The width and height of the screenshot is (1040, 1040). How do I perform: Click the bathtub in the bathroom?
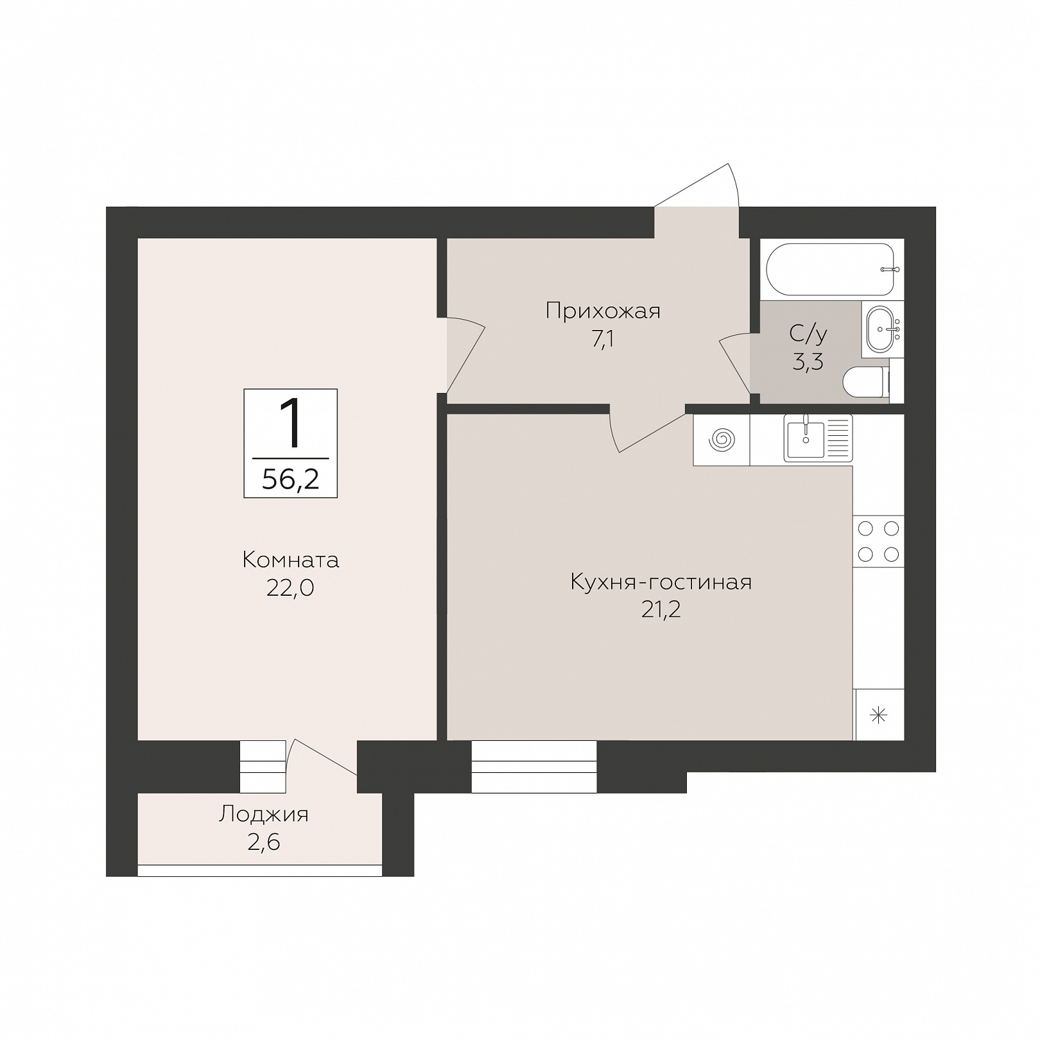click(x=833, y=269)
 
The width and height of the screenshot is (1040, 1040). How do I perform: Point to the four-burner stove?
click(x=878, y=541)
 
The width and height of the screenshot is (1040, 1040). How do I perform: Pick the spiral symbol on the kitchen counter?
click(x=722, y=440)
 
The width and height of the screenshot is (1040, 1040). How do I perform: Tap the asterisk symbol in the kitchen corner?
click(x=879, y=715)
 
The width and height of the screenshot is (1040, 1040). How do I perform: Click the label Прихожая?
click(x=603, y=311)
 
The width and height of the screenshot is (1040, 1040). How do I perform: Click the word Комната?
click(x=291, y=560)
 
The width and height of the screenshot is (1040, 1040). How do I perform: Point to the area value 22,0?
click(x=290, y=588)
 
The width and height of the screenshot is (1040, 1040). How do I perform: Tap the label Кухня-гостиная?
click(x=661, y=582)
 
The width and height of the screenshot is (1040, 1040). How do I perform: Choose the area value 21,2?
click(x=661, y=610)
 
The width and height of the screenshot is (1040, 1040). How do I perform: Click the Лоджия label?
click(x=264, y=814)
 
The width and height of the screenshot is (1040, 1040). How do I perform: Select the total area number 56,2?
click(x=291, y=479)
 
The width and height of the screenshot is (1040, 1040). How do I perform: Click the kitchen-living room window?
click(x=534, y=767)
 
